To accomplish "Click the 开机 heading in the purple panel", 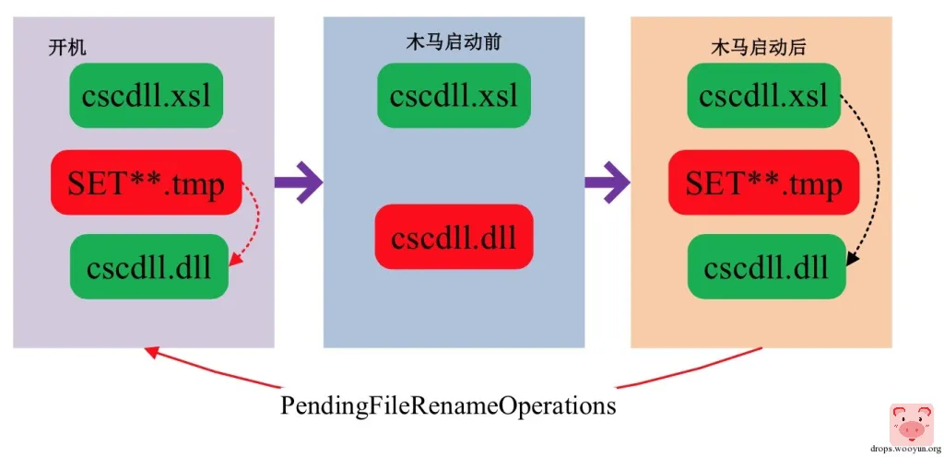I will tap(67, 47).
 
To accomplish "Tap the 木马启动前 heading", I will tap(454, 42).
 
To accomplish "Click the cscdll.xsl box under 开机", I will tap(146, 96).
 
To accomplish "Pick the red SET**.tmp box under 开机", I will tap(146, 183).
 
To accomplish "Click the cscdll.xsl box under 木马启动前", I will tap(453, 96).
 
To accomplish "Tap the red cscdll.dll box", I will tap(453, 237).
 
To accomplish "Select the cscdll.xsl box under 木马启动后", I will tap(762, 96).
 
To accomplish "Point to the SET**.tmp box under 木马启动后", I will tap(763, 183).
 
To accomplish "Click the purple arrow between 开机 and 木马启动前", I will tap(299, 182).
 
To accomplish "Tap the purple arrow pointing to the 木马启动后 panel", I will tap(608, 182).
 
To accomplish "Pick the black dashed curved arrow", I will tap(872, 175).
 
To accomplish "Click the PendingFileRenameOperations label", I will tap(448, 405).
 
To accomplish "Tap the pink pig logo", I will tap(911, 424).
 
